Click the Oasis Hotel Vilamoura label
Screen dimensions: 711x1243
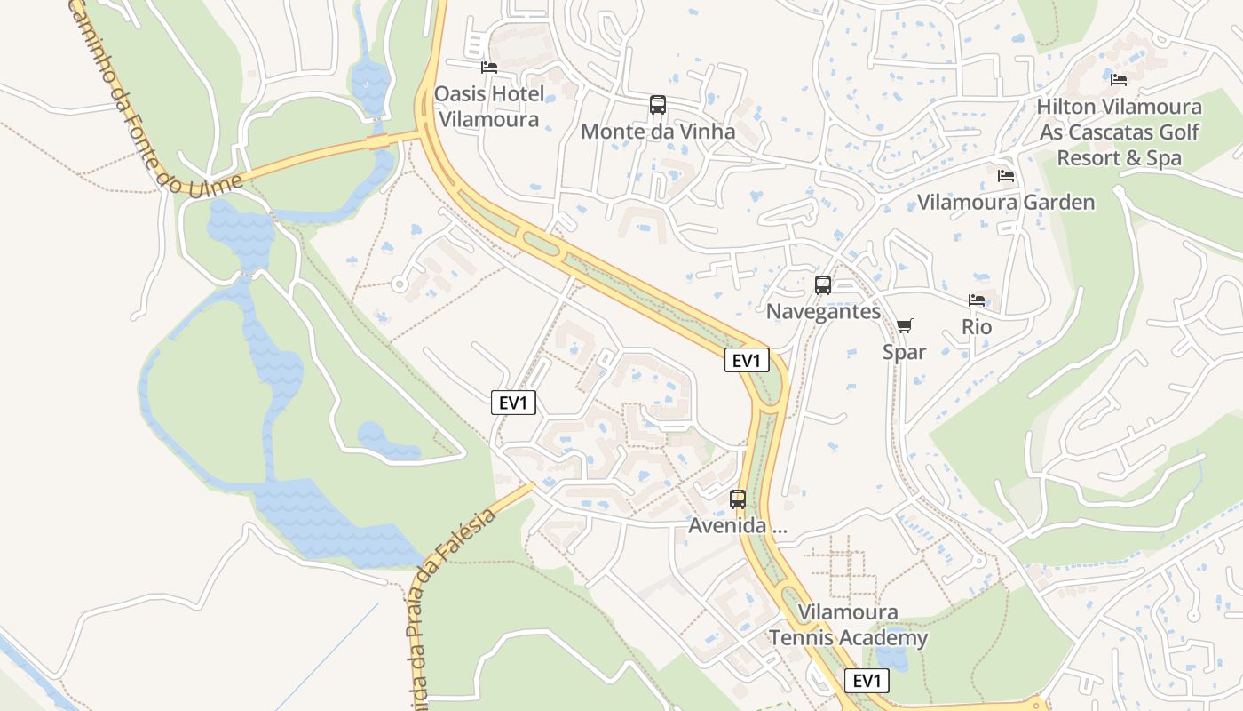point(487,107)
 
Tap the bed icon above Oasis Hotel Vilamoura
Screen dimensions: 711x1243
point(488,68)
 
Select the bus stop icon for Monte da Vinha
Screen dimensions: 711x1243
point(657,105)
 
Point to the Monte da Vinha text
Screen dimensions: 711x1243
point(658,132)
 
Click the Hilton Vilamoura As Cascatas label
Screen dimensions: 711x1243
point(1119,132)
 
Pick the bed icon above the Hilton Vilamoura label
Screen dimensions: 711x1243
point(1119,80)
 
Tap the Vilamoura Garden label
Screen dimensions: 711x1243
point(1005,203)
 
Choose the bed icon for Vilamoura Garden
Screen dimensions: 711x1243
point(1005,176)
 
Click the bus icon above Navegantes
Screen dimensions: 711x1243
point(823,285)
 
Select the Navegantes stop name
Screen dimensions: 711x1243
point(823,312)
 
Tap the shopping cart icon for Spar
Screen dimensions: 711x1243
point(904,326)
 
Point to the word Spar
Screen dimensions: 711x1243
point(904,352)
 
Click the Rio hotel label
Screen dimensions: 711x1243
point(977,327)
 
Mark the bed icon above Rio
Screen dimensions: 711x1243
point(977,300)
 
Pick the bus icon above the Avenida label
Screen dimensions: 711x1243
point(738,499)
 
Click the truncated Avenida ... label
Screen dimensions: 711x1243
point(738,526)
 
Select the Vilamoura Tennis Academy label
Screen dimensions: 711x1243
point(848,625)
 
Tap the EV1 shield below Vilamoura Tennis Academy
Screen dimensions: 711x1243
point(866,681)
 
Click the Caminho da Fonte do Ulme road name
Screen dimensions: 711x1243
point(151,98)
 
